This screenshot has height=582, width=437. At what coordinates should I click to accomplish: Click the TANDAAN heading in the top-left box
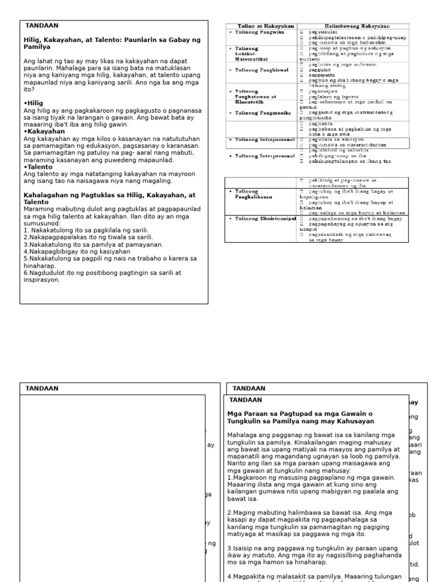42,26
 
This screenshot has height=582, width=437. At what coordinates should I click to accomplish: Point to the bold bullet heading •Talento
39,167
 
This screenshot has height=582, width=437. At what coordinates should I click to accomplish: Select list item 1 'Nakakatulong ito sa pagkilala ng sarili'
85,230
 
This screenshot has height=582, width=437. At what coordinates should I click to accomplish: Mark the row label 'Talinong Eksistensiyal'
265,218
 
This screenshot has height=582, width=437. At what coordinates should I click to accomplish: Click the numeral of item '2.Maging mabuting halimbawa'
229,513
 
